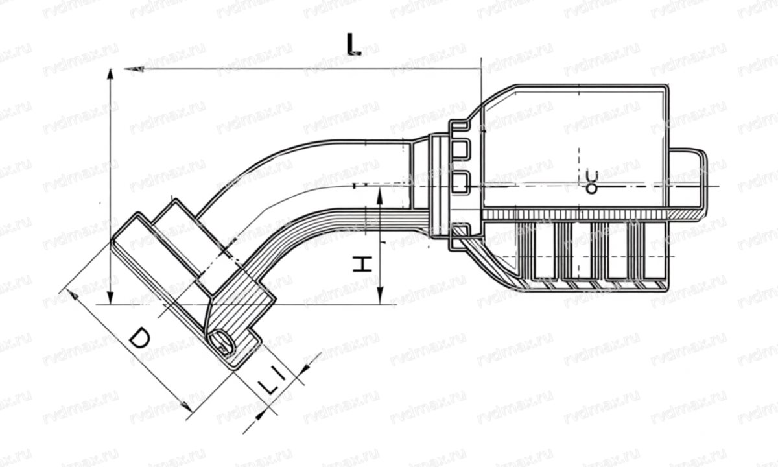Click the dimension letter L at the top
coord(353,43)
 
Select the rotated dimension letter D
coord(139,339)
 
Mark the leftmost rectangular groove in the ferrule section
coord(541,250)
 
